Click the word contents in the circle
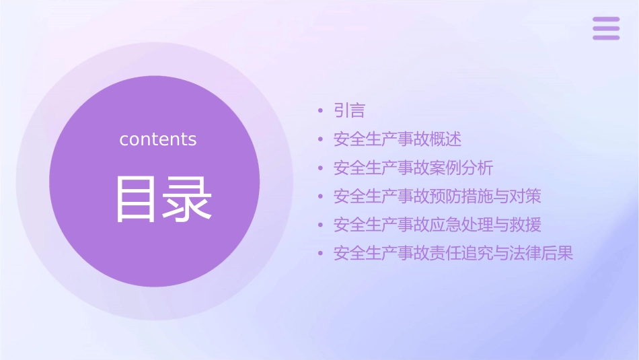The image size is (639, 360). tap(158, 139)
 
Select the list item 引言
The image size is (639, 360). tap(349, 110)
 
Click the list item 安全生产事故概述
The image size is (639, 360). tap(398, 139)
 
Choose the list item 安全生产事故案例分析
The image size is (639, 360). tap(414, 168)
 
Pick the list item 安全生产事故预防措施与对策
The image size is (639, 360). tap(437, 196)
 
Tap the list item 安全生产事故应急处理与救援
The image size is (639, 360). tap(437, 225)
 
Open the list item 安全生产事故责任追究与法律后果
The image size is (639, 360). tap(453, 254)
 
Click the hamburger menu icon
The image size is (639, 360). tap(606, 28)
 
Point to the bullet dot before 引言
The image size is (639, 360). tap(321, 111)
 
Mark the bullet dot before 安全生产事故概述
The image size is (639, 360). tap(321, 140)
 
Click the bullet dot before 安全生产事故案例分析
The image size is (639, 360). tap(321, 168)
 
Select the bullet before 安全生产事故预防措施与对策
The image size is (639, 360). tap(321, 197)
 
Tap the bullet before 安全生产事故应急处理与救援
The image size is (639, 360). tap(321, 225)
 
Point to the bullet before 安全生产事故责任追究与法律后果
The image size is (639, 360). tap(321, 254)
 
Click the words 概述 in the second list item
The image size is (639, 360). tap(446, 139)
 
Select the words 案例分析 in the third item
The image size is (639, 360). tap(462, 168)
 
